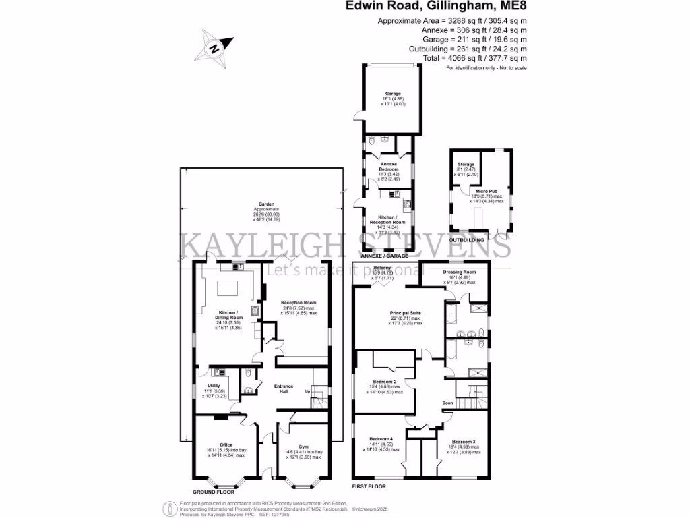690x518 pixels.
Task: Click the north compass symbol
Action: pyautogui.click(x=216, y=47)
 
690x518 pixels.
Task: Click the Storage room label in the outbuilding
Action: pyautogui.click(x=466, y=165)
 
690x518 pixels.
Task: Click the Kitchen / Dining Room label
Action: pyautogui.click(x=226, y=318)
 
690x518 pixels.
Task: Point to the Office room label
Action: pyautogui.click(x=226, y=445)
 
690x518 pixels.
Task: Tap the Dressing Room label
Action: pyautogui.click(x=460, y=272)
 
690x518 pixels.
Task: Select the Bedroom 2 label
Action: pyautogui.click(x=383, y=382)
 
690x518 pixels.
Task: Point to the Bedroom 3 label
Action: pyautogui.click(x=464, y=442)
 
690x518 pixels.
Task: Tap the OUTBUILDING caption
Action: pyautogui.click(x=468, y=239)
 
